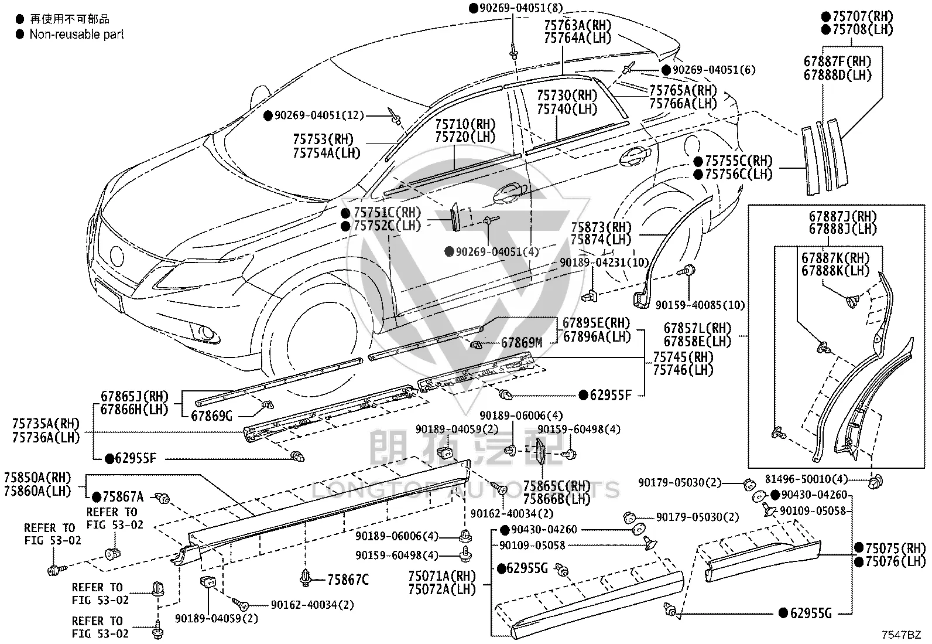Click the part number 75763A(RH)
coord(578,25)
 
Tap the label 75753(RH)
coord(323,139)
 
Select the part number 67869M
coord(522,343)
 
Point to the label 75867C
coord(348,580)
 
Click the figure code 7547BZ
coord(901,635)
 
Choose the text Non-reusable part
coord(77,34)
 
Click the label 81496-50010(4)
coord(806,479)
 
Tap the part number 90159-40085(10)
coord(700,305)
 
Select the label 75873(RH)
coord(601,227)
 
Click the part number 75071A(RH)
coord(442,576)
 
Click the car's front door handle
coord(510,193)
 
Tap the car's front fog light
coord(206,333)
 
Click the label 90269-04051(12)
coord(319,115)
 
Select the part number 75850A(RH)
coord(38,478)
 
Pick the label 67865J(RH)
coord(135,396)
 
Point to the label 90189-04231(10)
coord(604,263)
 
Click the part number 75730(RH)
coord(567,96)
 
